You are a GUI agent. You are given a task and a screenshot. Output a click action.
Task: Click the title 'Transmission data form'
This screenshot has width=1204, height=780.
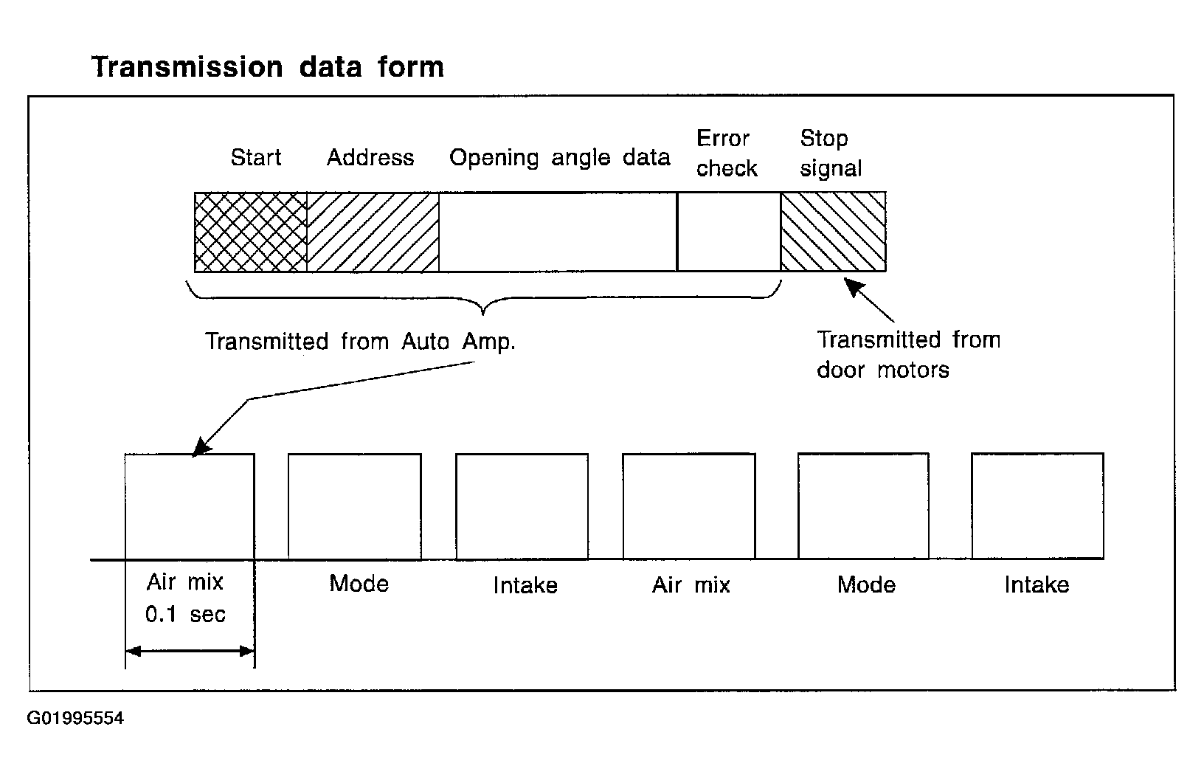click(268, 67)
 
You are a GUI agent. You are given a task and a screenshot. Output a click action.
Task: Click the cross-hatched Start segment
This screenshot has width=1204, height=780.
click(251, 232)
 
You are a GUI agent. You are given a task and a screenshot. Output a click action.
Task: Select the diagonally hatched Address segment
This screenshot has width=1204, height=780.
click(373, 232)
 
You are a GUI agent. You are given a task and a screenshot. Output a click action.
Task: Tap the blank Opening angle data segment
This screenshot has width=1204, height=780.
click(558, 232)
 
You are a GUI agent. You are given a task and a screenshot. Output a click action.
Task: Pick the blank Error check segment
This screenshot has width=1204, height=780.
click(729, 232)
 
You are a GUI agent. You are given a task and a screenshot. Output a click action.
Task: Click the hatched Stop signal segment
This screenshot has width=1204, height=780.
click(833, 232)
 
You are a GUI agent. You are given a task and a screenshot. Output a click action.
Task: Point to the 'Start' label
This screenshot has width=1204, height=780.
click(256, 157)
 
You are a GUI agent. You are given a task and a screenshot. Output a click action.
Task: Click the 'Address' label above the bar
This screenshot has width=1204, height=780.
click(370, 157)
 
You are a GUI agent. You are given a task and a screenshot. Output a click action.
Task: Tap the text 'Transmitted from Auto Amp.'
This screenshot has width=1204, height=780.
click(360, 342)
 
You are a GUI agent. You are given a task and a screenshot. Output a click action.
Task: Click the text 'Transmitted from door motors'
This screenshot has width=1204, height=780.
click(908, 355)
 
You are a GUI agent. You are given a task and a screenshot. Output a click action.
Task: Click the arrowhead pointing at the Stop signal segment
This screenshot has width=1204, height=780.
click(854, 286)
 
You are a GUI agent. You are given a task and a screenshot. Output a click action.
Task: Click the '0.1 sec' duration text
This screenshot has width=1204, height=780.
click(185, 615)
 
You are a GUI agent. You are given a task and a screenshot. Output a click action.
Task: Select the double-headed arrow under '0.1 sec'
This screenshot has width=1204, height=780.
click(190, 652)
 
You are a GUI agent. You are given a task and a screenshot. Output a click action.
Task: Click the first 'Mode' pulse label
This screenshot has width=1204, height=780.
click(359, 584)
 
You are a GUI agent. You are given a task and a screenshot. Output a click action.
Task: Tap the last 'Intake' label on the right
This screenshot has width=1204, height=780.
click(1037, 585)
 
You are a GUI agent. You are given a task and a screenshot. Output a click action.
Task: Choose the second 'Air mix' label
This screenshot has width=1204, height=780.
click(691, 585)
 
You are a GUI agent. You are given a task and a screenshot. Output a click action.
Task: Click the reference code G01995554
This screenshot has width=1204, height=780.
click(75, 718)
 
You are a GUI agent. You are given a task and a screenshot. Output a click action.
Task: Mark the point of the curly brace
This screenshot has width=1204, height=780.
click(483, 313)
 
